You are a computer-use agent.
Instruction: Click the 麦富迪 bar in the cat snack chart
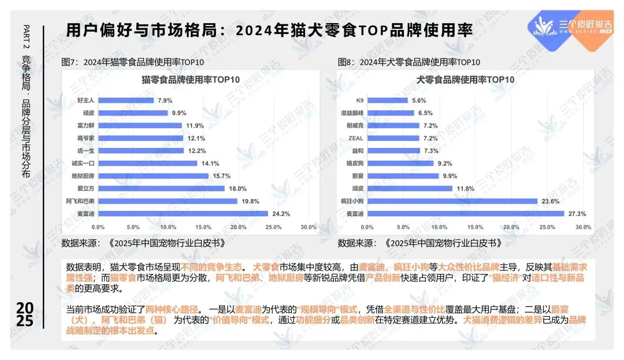pyautogui.click(x=183, y=214)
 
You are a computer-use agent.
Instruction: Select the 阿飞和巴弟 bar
pyautogui.click(x=168, y=201)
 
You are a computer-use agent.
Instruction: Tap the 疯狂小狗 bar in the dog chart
pyautogui.click(x=452, y=201)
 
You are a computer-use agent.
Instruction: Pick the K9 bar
pyautogui.click(x=387, y=100)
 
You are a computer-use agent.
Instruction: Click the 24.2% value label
pyautogui.click(x=281, y=214)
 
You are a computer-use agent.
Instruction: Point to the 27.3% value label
pyautogui.click(x=577, y=214)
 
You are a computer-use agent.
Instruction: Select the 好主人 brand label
pyautogui.click(x=86, y=100)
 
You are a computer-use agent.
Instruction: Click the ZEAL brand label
pyautogui.click(x=356, y=138)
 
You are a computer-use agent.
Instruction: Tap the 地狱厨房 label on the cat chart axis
pyautogui.click(x=83, y=176)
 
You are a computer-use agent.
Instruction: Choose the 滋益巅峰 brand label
pyautogui.click(x=352, y=113)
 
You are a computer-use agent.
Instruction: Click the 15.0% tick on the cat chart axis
pyautogui.click(x=203, y=227)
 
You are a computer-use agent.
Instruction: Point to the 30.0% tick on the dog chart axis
pyautogui.click(x=584, y=227)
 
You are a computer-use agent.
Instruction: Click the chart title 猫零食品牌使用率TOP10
pyautogui.click(x=191, y=80)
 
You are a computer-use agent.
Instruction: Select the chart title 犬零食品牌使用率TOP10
pyautogui.click(x=465, y=80)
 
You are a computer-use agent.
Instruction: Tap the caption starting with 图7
pyautogui.click(x=132, y=62)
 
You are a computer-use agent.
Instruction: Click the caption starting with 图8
pyautogui.click(x=408, y=62)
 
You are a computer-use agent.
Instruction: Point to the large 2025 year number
pyautogui.click(x=25, y=314)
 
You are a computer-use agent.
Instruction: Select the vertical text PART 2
pyautogui.click(x=26, y=36)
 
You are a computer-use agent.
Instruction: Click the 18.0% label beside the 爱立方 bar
pyautogui.click(x=237, y=188)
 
